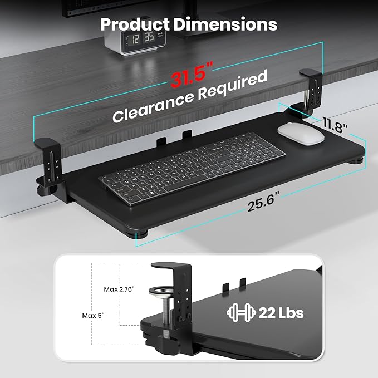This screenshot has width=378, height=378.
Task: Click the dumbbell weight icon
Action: click(240, 312)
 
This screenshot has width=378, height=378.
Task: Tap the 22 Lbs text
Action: click(281, 312)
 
